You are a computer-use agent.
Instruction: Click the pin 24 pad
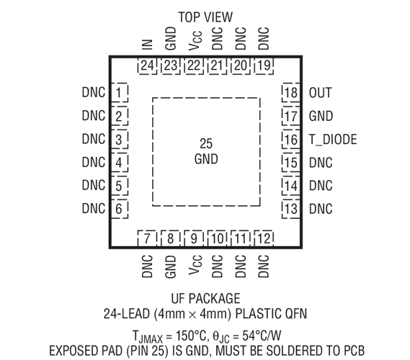coord(147,66)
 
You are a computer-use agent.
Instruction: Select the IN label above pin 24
coord(147,45)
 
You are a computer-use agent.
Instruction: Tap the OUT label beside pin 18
coord(321,93)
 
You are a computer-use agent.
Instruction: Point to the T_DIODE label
coord(333,139)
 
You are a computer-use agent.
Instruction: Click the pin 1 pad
coord(119,92)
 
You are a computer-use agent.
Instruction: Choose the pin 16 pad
coord(291,139)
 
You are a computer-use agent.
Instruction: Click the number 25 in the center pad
coord(206,143)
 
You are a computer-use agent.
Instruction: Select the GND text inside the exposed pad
coord(206,159)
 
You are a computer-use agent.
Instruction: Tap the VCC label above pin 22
coord(195,40)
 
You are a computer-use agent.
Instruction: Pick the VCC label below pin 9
coord(195,265)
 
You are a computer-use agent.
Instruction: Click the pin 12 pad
coord(264,238)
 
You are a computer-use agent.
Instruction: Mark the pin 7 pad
coord(147,238)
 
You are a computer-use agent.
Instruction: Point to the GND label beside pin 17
coord(321,116)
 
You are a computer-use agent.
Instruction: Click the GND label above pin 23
coord(171,38)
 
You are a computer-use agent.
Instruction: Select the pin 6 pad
coord(119,209)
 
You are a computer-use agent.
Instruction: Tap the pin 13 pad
coord(291,209)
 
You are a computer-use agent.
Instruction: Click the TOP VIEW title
coord(205,17)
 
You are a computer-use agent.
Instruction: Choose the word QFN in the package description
coord(295,313)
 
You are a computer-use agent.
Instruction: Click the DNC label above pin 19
coord(264,38)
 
